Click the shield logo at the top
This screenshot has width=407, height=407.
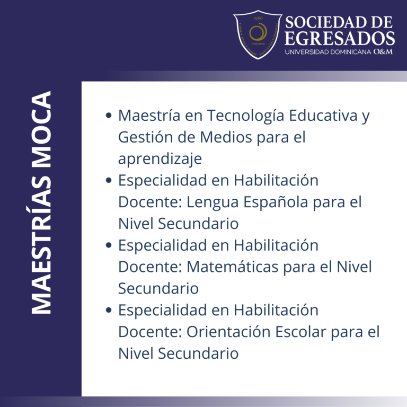point(258,34)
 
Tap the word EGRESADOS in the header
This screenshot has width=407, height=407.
point(340,38)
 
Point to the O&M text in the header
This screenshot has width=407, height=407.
point(383,52)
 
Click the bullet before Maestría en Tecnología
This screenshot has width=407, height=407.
point(109,116)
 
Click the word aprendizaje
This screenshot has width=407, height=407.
point(160,159)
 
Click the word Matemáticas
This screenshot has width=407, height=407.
point(233,267)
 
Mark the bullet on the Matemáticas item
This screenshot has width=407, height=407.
point(109,245)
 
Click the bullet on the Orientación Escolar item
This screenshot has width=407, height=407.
point(109,310)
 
